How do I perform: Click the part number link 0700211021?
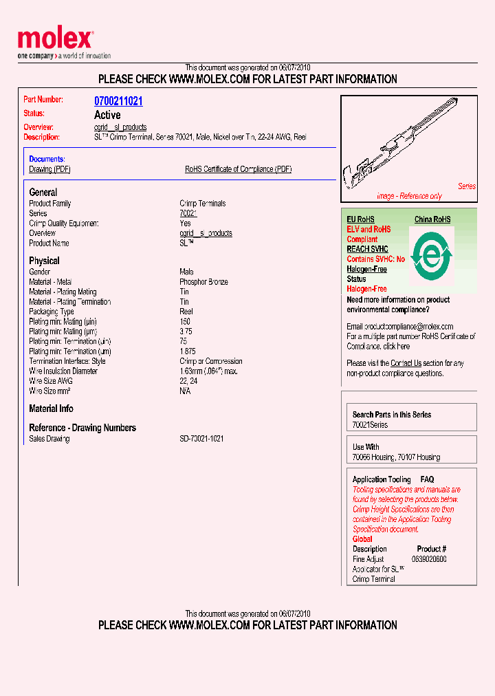(118, 101)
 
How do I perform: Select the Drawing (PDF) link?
(49, 169)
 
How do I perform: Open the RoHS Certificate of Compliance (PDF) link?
(238, 169)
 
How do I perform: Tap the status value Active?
(107, 115)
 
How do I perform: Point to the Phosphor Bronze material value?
(203, 282)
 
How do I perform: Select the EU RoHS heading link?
(361, 219)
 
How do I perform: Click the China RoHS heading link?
(432, 219)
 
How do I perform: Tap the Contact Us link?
(406, 363)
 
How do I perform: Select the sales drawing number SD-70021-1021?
(201, 439)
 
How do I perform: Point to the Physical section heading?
(44, 261)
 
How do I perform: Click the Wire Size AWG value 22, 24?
(188, 381)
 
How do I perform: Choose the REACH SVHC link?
(367, 249)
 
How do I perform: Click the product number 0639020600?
(429, 559)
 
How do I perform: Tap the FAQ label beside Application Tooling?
(427, 479)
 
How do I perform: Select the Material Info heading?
(51, 409)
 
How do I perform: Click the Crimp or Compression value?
(210, 361)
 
